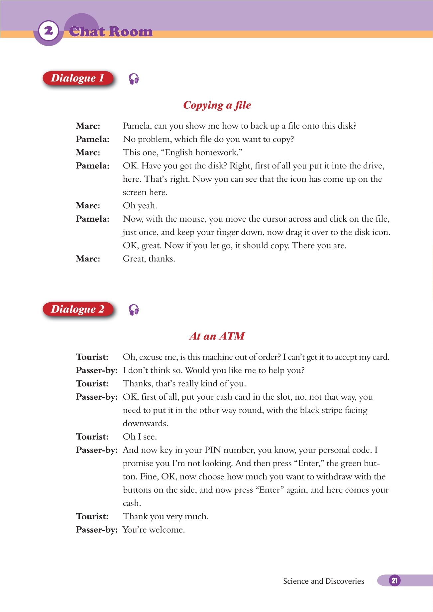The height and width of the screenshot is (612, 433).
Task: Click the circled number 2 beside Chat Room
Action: coord(49,31)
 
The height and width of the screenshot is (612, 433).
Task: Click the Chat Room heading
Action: coord(111,32)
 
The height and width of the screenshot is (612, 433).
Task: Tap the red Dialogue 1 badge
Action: coord(78,78)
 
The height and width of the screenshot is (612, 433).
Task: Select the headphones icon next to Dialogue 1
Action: coord(134,79)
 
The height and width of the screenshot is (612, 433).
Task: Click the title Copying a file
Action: coord(217,105)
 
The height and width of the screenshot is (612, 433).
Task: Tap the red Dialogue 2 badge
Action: coord(78,309)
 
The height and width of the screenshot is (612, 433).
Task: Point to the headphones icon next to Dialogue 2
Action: coord(134,310)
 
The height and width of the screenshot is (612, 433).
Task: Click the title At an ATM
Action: coord(217,336)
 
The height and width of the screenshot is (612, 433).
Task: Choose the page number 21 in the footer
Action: coord(394,580)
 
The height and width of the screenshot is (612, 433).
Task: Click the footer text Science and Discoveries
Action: coord(323,581)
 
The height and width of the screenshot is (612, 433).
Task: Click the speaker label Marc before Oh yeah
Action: coord(88,206)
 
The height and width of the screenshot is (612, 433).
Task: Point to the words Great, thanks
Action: coord(149,259)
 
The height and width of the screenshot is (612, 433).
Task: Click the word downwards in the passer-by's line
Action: coord(145,424)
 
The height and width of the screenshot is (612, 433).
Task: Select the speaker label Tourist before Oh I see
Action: coord(92,437)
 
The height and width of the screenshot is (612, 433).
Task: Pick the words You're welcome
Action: coord(154,530)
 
